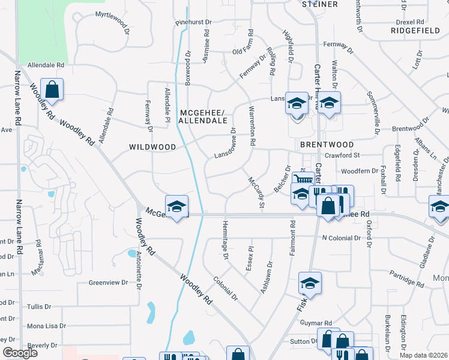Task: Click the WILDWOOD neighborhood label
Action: coord(152,147)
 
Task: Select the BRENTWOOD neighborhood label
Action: coord(327,145)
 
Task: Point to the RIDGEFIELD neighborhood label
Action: coord(414,29)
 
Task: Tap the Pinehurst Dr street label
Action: coord(193,22)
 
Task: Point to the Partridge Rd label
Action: coord(406,277)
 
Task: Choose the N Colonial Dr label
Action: coord(341,238)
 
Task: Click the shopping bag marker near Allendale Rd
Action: coord(52,90)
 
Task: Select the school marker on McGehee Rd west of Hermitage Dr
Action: coord(176,206)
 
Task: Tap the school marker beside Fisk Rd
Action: coord(310,283)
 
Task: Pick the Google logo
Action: coord(20,353)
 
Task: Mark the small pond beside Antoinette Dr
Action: coord(131,253)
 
